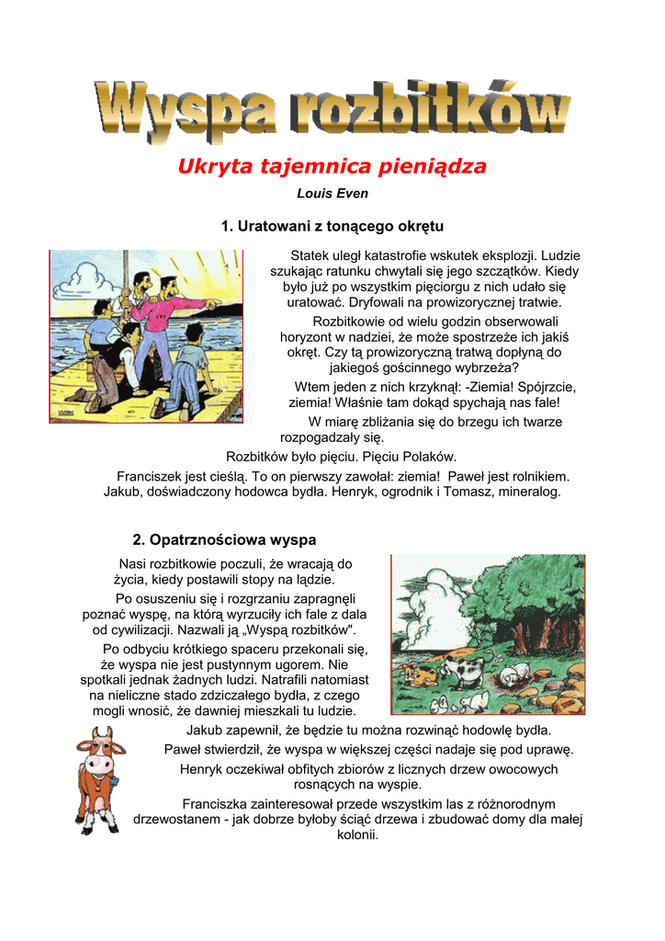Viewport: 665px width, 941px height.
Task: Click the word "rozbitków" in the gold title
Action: [431, 114]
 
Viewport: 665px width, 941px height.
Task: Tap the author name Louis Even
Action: [332, 194]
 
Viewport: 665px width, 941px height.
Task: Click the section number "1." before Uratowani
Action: [228, 226]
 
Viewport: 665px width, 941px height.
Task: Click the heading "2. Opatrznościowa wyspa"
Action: [225, 539]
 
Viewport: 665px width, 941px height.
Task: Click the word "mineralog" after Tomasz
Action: [528, 492]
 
